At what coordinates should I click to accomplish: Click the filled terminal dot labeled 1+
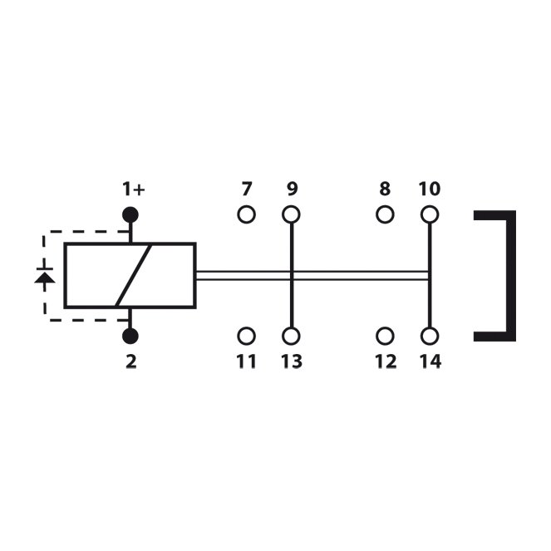[130, 214]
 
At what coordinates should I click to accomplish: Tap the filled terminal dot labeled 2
[130, 336]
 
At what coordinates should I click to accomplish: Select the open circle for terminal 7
[246, 214]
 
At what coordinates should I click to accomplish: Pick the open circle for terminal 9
[291, 214]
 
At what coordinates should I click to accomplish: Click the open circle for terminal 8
[385, 214]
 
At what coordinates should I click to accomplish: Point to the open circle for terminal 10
[430, 214]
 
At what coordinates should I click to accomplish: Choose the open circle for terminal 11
[246, 336]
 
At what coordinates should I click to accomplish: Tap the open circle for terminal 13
[291, 336]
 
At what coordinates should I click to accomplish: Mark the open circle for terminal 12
[385, 336]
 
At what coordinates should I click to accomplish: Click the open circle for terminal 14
[430, 336]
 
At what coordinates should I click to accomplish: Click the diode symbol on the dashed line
[45, 276]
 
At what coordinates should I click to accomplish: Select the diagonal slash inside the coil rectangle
[134, 275]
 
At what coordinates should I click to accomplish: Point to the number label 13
[292, 362]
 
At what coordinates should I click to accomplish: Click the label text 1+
[134, 189]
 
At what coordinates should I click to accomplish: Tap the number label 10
[430, 189]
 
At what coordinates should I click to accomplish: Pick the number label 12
[386, 362]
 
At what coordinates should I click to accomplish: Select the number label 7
[247, 189]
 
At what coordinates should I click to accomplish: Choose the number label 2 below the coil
[131, 362]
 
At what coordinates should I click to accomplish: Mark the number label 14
[430, 362]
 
